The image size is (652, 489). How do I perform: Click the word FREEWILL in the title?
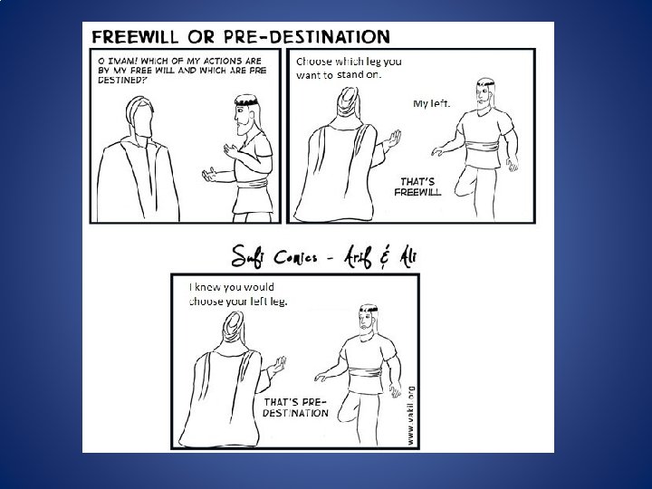click(135, 36)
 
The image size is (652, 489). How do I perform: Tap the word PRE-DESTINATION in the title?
click(307, 36)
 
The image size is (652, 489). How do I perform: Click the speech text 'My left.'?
click(432, 103)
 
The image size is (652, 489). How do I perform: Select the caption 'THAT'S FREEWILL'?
click(417, 187)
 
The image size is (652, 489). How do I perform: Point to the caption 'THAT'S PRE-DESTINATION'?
click(295, 407)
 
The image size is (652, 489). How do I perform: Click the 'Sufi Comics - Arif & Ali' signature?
click(324, 256)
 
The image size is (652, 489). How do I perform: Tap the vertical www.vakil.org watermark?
click(411, 416)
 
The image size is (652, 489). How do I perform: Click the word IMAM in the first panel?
click(121, 61)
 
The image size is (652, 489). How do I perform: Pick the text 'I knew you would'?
click(232, 287)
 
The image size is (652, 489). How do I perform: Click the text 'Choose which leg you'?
click(349, 62)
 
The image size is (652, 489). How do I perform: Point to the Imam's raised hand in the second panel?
click(392, 139)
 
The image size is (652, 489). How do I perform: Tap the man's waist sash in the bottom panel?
click(367, 373)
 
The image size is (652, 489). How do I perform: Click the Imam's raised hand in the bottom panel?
click(277, 366)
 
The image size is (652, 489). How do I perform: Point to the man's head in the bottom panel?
click(368, 321)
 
